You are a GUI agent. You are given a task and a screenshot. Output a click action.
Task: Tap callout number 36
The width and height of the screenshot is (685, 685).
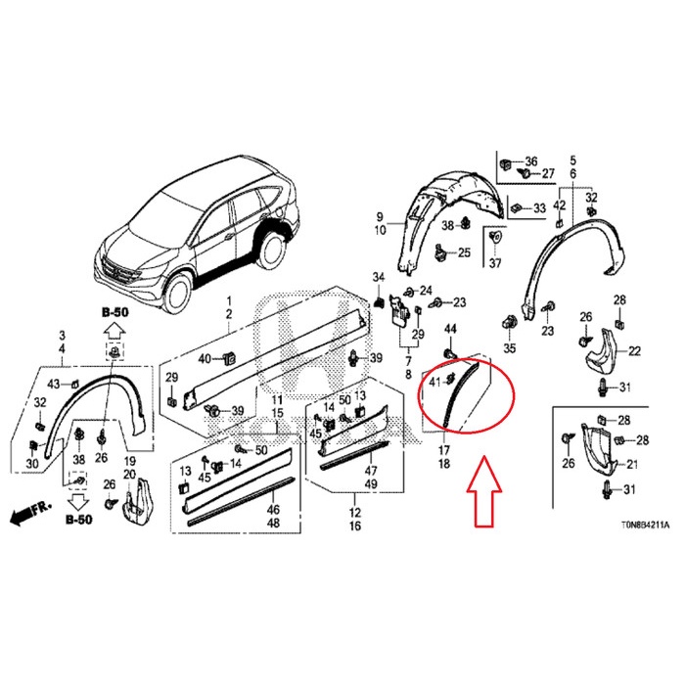(531, 161)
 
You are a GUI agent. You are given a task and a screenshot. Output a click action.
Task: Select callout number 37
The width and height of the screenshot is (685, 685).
(494, 264)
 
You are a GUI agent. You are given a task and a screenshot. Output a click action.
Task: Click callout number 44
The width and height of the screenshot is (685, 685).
(451, 328)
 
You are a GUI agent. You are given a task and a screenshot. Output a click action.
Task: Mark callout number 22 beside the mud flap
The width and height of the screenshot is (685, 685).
(634, 351)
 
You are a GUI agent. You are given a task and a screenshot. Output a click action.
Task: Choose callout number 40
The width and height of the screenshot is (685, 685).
(204, 359)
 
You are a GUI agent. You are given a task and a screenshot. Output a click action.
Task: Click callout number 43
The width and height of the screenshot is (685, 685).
(54, 382)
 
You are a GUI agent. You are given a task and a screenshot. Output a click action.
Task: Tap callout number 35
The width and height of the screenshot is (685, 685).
(509, 347)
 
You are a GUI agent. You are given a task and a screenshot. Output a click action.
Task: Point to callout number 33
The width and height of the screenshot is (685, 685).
(539, 209)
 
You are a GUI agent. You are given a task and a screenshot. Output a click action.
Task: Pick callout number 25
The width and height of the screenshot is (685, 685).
(465, 253)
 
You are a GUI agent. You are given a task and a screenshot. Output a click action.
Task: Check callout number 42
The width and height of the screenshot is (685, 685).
(560, 205)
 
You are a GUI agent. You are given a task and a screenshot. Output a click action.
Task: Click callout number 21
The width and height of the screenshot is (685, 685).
(633, 464)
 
